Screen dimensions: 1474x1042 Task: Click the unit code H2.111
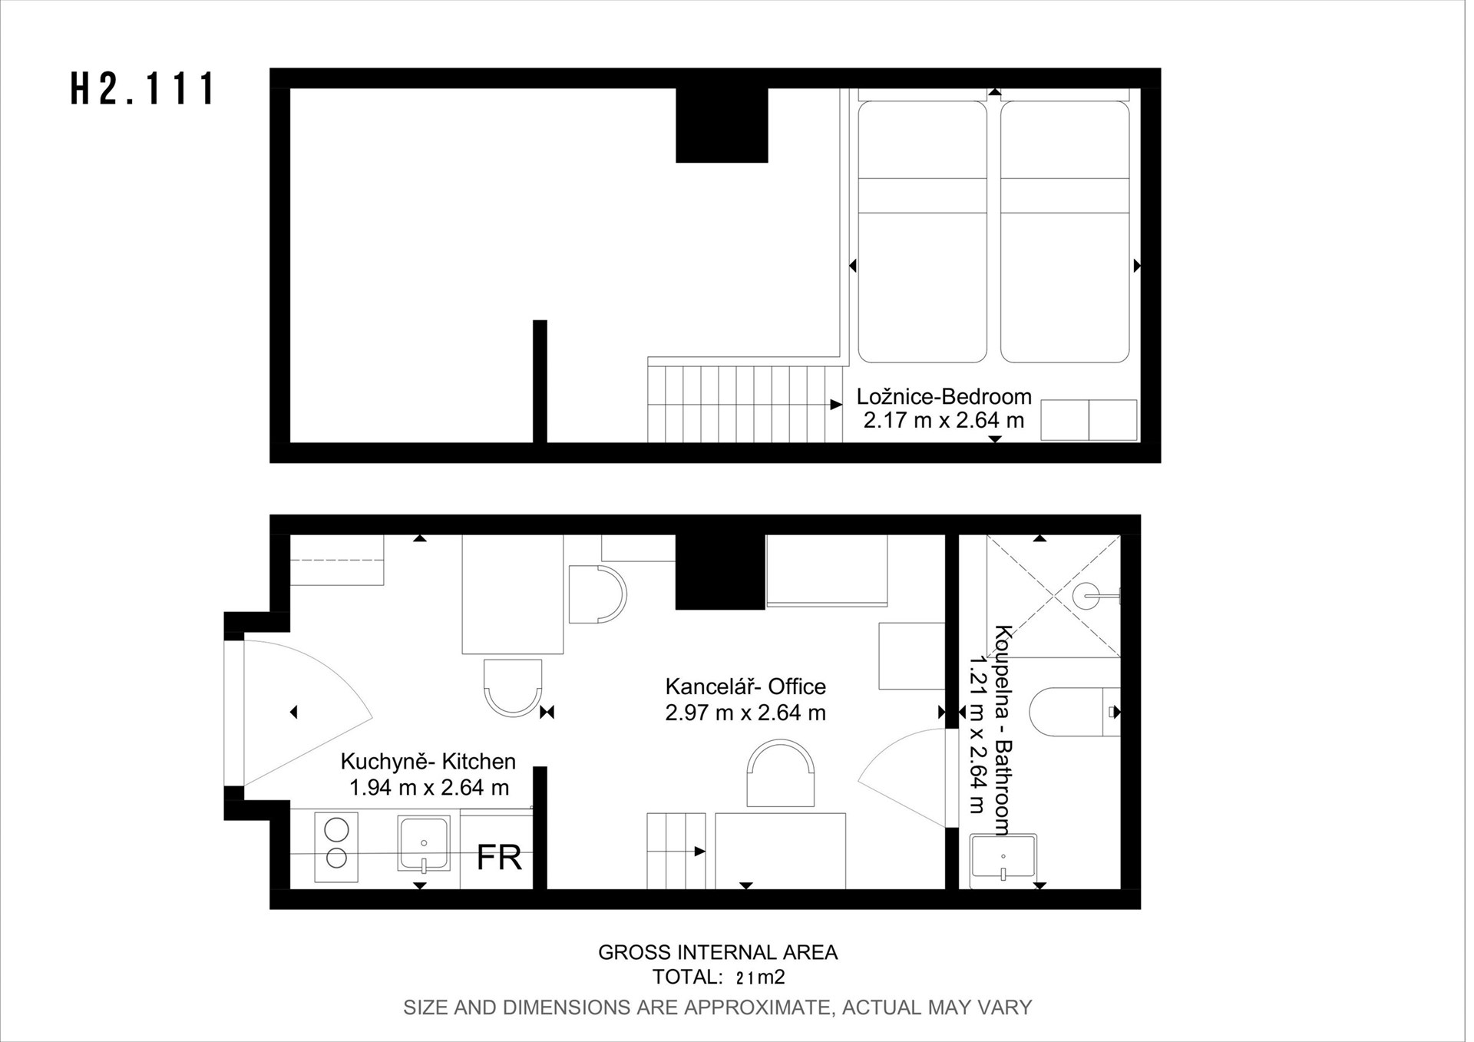coord(144,88)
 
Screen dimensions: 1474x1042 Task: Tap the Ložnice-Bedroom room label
coord(944,397)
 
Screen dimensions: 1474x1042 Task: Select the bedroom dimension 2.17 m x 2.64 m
coord(944,421)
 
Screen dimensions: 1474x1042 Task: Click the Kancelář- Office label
coord(745,686)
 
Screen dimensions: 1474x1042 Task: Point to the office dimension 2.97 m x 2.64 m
coord(745,713)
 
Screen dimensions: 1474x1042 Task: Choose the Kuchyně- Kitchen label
coord(428,762)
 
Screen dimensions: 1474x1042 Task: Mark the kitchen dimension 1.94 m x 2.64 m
coord(429,788)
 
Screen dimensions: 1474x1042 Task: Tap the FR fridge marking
coord(499,858)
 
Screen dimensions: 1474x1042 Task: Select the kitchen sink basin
coord(423,845)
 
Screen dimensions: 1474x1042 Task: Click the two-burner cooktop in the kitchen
coord(336,847)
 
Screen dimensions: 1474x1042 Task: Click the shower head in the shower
coord(1086,596)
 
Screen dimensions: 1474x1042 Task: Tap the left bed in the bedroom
coord(922,231)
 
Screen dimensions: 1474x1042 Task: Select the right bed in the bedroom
coord(1065,231)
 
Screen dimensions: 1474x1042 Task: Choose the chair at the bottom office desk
coord(781,772)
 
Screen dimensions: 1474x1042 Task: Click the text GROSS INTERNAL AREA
coord(718,953)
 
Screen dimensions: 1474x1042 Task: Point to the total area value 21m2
coord(760,977)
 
